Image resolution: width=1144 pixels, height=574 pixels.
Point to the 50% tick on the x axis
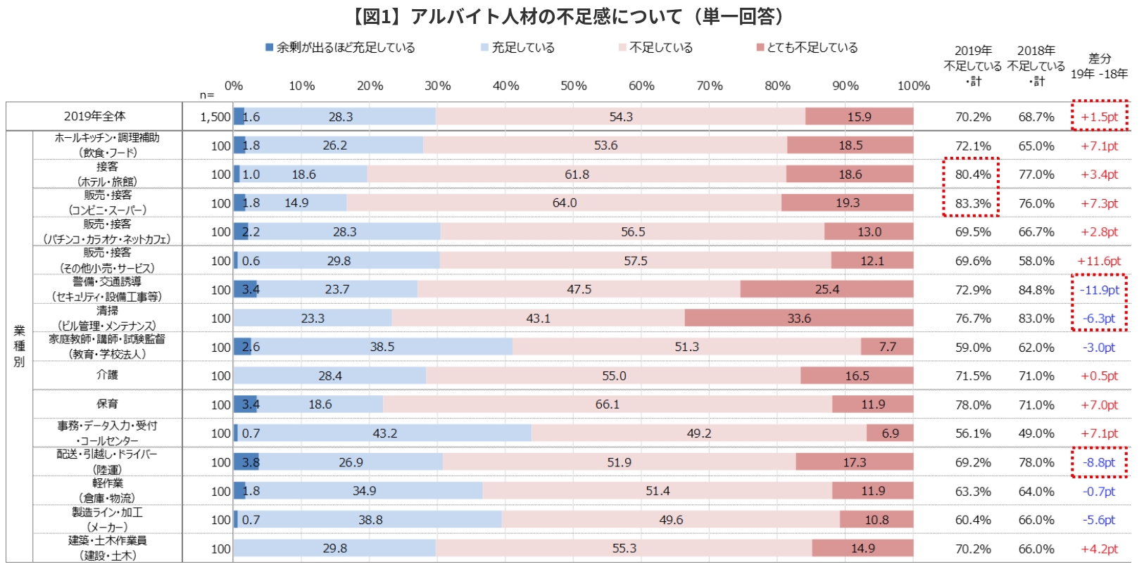pyautogui.click(x=573, y=86)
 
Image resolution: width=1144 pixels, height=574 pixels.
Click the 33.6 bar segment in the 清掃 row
pyautogui.click(x=798, y=319)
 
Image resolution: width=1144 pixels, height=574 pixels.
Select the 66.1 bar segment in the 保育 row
pyautogui.click(x=607, y=404)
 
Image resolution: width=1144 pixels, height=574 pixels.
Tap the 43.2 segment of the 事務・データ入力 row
pyautogui.click(x=384, y=433)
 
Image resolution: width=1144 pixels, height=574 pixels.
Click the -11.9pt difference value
pyautogui.click(x=1099, y=290)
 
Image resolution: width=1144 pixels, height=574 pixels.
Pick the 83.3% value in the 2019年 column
pyautogui.click(x=972, y=204)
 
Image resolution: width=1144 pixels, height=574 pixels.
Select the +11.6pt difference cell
pyautogui.click(x=1099, y=261)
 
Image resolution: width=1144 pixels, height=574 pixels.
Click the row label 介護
pyautogui.click(x=107, y=375)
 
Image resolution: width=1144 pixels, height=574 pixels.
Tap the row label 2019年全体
pyautogui.click(x=94, y=116)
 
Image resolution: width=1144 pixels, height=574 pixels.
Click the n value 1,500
pyautogui.click(x=215, y=117)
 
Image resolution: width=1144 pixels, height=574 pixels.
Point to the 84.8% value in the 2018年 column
pyautogui.click(x=1036, y=290)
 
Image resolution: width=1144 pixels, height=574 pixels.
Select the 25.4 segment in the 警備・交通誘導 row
pyautogui.click(x=826, y=290)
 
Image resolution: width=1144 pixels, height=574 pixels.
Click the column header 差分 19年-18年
pyautogui.click(x=1099, y=66)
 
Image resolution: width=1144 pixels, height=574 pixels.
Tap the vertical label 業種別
pyautogui.click(x=19, y=346)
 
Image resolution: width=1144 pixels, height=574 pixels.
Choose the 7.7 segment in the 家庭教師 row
pyautogui.click(x=887, y=347)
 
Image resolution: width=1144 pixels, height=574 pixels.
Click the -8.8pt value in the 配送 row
pyautogui.click(x=1099, y=463)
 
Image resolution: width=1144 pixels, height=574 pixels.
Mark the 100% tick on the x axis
pyautogui.click(x=912, y=86)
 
